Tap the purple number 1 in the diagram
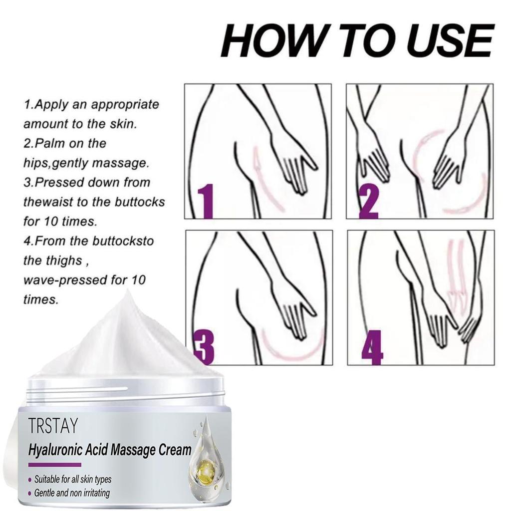pyautogui.click(x=206, y=201)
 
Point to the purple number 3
pyautogui.click(x=204, y=347)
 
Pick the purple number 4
pyautogui.click(x=372, y=347)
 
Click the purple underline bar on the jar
pyautogui.click(x=55, y=465)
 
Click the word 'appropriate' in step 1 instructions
pyautogui.click(x=125, y=105)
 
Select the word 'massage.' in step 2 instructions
pyautogui.click(x=120, y=163)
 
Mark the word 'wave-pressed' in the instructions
pyautogui.click(x=63, y=280)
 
